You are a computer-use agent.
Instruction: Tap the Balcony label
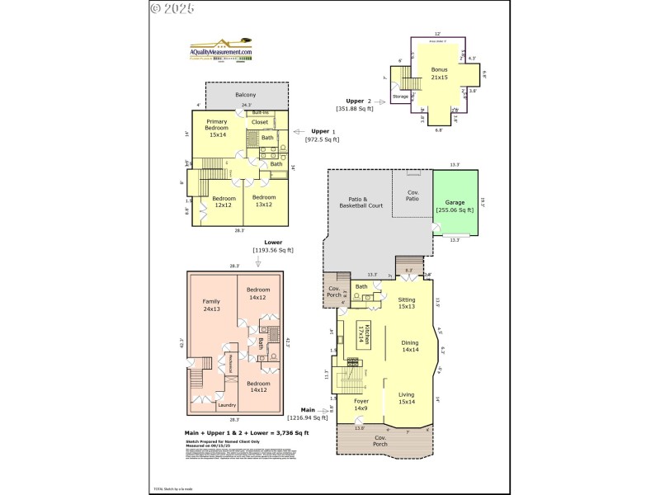pyautogui.click(x=245, y=95)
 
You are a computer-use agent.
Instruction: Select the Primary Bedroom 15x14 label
pyautogui.click(x=217, y=130)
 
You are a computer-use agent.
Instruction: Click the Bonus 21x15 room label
pyautogui.click(x=440, y=73)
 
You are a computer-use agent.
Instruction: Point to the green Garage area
pyautogui.click(x=455, y=205)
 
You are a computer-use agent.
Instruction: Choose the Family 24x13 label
pyautogui.click(x=211, y=305)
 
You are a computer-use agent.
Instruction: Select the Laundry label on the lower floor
pyautogui.click(x=227, y=405)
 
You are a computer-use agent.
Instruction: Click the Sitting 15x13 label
pyautogui.click(x=407, y=303)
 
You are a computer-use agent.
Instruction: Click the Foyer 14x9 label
pyautogui.click(x=361, y=405)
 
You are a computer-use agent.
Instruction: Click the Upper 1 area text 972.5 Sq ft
pyautogui.click(x=323, y=140)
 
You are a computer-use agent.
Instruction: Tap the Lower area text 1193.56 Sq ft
pyautogui.click(x=272, y=250)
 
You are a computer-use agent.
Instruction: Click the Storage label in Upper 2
pyautogui.click(x=400, y=97)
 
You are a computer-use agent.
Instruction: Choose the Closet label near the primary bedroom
pyautogui.click(x=259, y=122)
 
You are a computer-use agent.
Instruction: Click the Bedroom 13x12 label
pyautogui.click(x=264, y=201)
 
